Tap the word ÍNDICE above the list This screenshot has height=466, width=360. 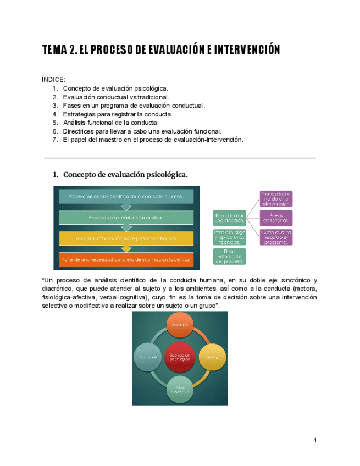53,80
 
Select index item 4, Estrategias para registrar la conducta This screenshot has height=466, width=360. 118,114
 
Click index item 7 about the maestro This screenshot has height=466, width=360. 152,140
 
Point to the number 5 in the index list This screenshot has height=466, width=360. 55,123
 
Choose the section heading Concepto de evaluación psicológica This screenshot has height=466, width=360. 125,175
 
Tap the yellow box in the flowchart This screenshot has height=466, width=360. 126,238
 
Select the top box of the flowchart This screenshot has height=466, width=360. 126,196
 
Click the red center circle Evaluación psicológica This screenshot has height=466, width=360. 180,357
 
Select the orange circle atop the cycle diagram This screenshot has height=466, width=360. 180,326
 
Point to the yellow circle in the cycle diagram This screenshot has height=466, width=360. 212,357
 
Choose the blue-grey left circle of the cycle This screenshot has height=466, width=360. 148,357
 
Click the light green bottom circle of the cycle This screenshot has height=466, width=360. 180,389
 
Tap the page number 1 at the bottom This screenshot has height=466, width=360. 315,440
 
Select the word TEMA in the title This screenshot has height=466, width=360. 53,51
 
